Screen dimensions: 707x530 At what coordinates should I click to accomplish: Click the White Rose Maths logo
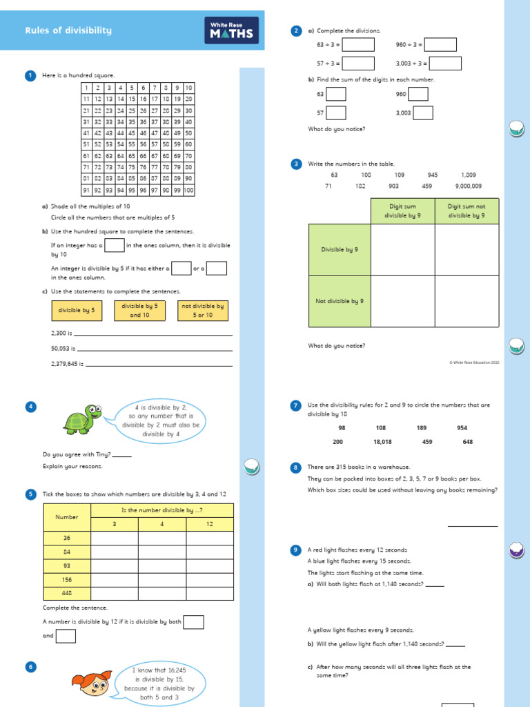point(232,30)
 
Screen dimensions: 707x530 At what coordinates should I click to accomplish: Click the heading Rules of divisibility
point(68,30)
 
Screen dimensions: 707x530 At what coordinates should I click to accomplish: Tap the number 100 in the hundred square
point(189,190)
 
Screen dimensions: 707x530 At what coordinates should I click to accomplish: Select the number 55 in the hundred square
point(132,144)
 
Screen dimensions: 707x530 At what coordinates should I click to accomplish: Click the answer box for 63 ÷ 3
point(358,45)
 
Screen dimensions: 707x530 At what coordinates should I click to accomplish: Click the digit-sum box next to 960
point(418,94)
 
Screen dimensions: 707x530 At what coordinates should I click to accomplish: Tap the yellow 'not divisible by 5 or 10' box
point(202,311)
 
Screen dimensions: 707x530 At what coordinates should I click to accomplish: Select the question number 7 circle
point(296,405)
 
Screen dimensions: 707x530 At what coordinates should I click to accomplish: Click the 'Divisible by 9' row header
point(340,249)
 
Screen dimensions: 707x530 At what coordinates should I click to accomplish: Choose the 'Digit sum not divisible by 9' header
point(467,211)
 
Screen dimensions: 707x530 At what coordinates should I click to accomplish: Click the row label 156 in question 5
point(67,579)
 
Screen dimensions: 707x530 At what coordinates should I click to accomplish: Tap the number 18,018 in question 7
point(382,442)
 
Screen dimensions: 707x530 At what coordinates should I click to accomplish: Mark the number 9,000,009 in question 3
point(469,186)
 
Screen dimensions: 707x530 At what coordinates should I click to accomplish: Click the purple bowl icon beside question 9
point(516,550)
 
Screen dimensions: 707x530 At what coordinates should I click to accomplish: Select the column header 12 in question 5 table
point(210,524)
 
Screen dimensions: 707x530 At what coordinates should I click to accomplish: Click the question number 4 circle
point(30,406)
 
